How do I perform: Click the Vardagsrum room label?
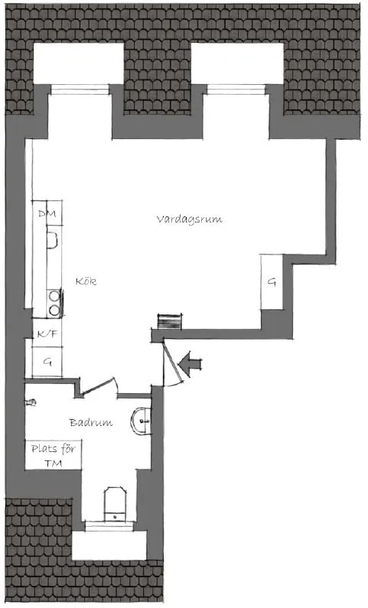[189, 219]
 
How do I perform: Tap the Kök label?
[86, 281]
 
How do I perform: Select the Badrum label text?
[91, 422]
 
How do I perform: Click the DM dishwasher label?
[47, 213]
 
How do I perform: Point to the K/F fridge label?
[47, 333]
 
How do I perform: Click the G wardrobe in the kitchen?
[47, 363]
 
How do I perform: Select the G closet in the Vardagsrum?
[272, 282]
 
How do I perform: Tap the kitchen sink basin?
[52, 239]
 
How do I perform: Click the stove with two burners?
[54, 303]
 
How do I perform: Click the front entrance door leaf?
[173, 362]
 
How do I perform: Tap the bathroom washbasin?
[141, 421]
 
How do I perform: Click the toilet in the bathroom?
[115, 504]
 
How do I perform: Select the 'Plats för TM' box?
[54, 455]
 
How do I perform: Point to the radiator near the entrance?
[169, 322]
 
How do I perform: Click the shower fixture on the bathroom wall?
[31, 402]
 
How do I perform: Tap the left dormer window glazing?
[80, 89]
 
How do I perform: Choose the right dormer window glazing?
[236, 89]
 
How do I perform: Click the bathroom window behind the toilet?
[109, 526]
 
